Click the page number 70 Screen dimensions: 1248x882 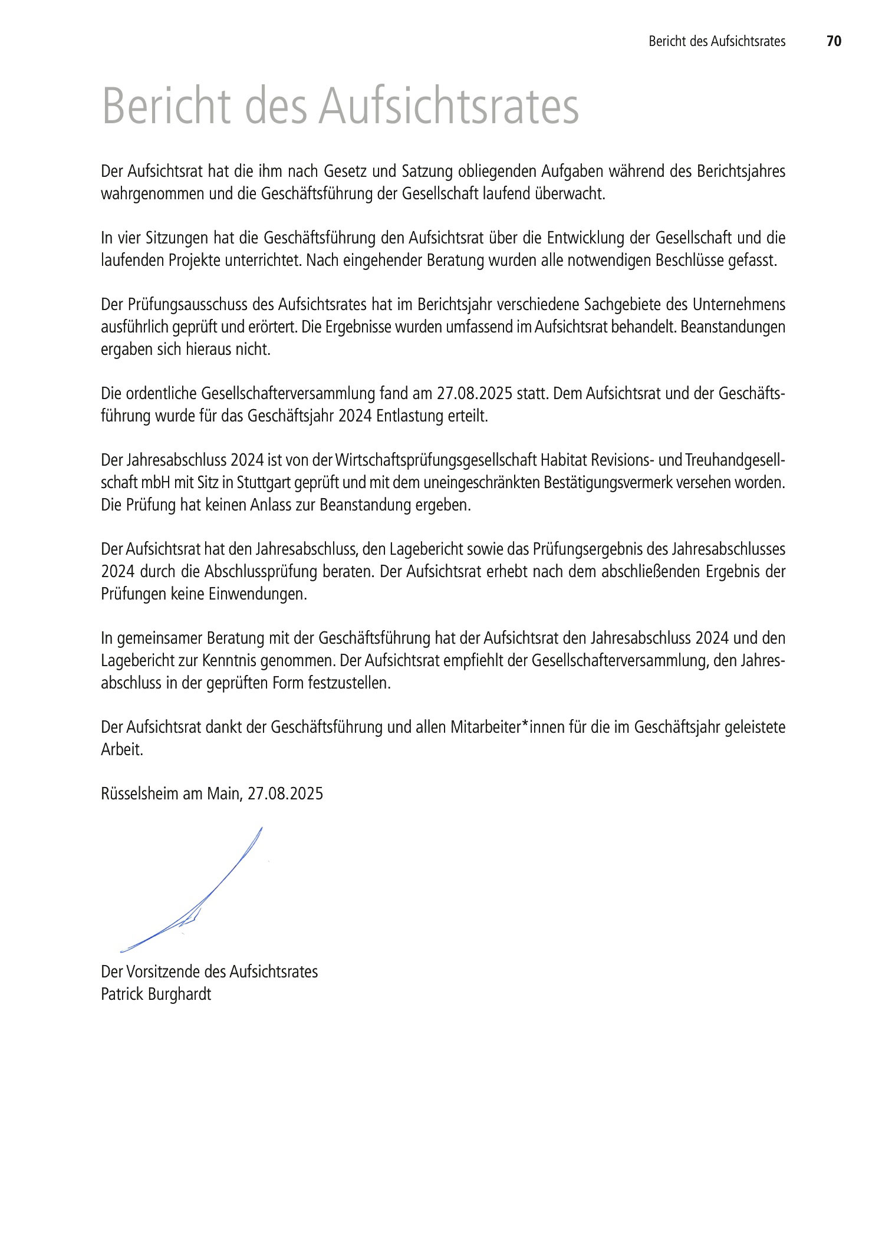point(834,41)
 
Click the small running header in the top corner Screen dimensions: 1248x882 point(717,41)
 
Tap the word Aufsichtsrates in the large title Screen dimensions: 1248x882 point(449,107)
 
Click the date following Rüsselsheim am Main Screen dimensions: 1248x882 point(285,793)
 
